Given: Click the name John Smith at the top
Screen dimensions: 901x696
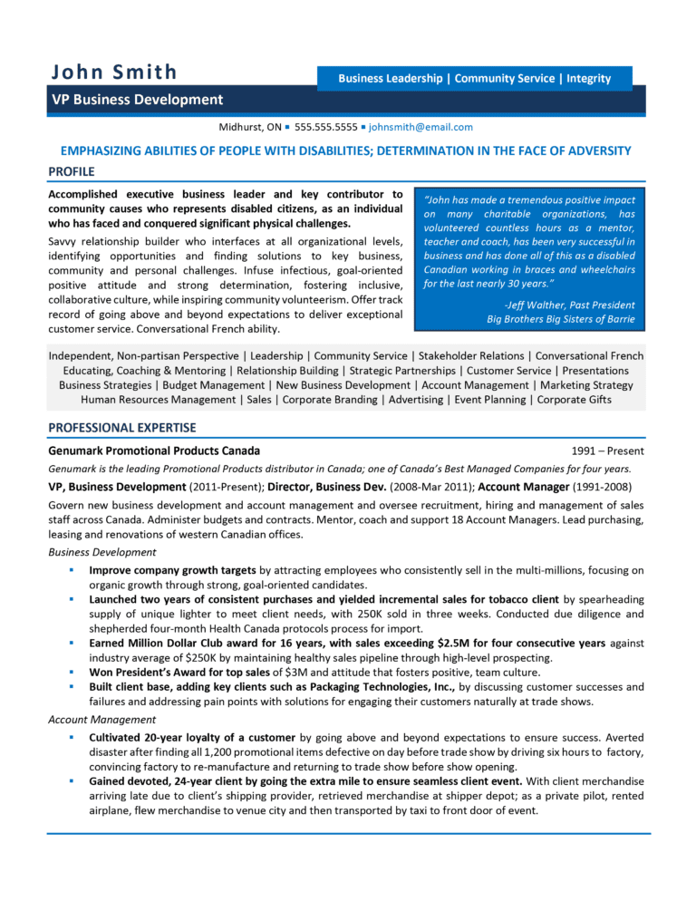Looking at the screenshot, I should (114, 73).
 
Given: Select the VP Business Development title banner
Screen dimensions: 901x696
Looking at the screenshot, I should (136, 100).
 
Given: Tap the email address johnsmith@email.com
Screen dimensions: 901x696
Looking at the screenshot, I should (420, 128).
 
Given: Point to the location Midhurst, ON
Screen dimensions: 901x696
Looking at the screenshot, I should (249, 128).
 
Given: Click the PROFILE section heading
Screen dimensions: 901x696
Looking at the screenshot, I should (71, 170).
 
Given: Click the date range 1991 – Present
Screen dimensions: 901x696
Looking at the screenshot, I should (608, 450).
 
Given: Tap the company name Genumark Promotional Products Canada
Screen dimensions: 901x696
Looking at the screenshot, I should (154, 450).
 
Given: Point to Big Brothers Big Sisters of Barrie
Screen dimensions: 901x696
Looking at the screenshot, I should (560, 319).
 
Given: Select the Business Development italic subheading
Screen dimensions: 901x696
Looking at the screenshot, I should (101, 552).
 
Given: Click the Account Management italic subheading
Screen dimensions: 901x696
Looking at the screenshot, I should (101, 719).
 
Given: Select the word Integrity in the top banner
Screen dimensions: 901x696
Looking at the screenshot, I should (589, 79).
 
